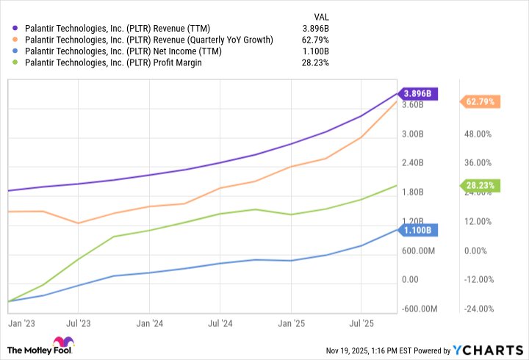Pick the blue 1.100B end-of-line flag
pos(419,230)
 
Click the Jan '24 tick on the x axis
pos(149,323)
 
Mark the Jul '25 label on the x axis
pos(360,323)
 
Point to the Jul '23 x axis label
pos(79,323)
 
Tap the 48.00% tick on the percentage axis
pos(477,134)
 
